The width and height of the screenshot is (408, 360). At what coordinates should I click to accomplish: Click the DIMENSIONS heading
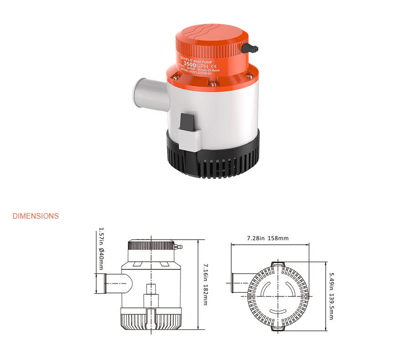point(35,216)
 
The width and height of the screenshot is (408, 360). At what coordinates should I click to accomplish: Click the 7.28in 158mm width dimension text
point(267,238)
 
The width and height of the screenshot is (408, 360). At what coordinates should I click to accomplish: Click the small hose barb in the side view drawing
point(180,247)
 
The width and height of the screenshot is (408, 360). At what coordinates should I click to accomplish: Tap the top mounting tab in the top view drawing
point(278,265)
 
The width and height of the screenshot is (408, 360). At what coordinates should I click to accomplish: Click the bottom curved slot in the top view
point(277,312)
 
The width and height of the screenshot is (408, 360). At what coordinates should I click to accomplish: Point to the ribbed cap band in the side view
point(151,246)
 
